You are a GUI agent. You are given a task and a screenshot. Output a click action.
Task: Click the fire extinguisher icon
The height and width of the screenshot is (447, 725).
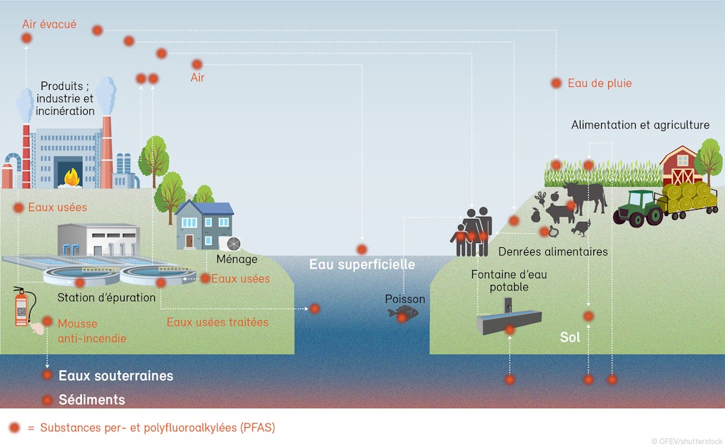click(22, 307)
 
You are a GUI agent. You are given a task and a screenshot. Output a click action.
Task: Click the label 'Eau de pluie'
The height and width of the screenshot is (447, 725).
click(599, 84)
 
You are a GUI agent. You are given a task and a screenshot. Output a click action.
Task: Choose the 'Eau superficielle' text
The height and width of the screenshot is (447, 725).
click(362, 264)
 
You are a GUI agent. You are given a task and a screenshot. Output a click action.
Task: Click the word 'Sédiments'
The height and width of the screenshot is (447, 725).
click(91, 400)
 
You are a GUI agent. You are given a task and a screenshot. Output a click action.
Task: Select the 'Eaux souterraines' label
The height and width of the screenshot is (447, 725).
click(115, 375)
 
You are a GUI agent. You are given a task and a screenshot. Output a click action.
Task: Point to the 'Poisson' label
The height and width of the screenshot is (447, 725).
click(405, 299)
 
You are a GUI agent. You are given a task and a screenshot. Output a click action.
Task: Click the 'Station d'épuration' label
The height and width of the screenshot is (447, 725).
click(106, 298)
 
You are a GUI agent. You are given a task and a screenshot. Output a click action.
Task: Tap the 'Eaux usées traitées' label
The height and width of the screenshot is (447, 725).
click(217, 322)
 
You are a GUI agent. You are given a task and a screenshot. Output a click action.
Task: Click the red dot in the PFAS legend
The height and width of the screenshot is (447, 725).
click(14, 427)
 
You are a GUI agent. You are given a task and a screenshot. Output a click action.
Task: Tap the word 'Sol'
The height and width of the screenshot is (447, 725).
click(570, 337)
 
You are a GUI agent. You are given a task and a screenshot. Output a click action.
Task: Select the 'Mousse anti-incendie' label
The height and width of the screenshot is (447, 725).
click(92, 330)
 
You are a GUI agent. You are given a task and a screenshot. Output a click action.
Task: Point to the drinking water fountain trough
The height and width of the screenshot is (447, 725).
click(508, 324)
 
